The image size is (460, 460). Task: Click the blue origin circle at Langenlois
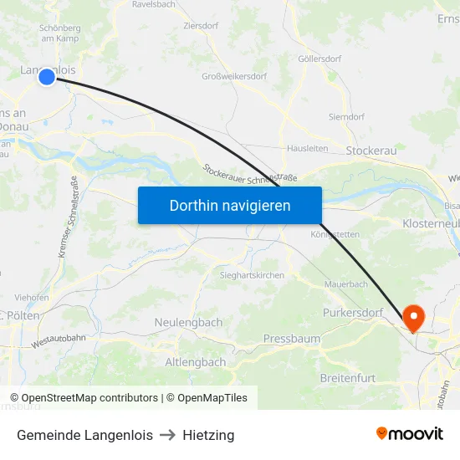pos(47,77)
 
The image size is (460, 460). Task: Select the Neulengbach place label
pos(188,322)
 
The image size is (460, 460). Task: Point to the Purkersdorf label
pos(353,313)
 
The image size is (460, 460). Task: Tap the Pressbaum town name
pos(291,339)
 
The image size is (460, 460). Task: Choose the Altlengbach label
pos(195,362)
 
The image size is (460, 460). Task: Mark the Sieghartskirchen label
pos(252,275)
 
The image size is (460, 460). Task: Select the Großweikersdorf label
pos(235,77)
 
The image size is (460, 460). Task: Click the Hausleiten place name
pos(307,149)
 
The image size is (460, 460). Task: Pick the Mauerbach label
pos(345,284)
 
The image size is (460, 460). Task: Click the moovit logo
pos(410,434)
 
